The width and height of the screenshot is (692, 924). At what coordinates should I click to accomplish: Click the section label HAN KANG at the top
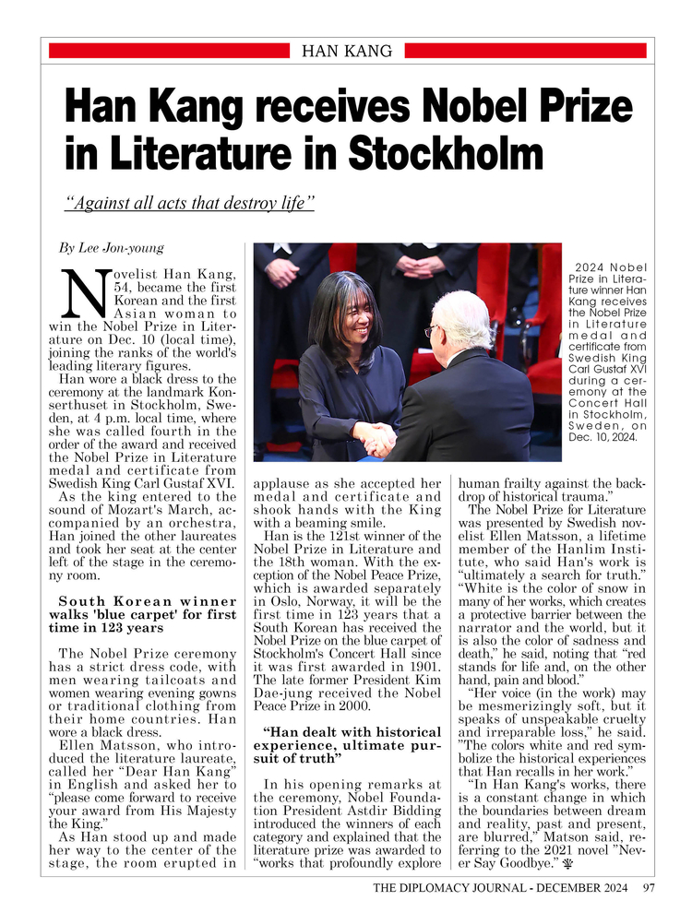tap(347, 51)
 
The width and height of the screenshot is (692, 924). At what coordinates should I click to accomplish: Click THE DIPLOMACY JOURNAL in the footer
tap(445, 889)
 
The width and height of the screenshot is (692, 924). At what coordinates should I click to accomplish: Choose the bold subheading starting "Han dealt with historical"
tap(350, 740)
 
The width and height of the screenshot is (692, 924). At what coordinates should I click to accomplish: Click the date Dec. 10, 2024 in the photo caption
tap(603, 438)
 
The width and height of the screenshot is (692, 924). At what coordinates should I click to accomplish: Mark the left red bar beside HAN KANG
tap(169, 51)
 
